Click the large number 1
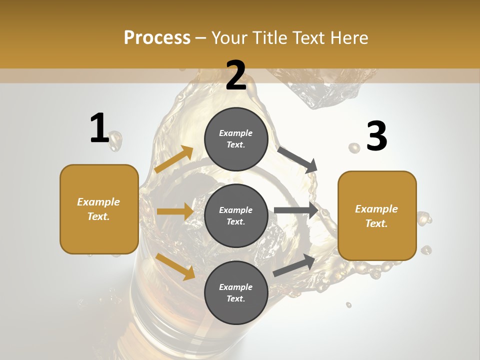pos(99,128)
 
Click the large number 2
pos(235,75)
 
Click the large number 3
pos(376,136)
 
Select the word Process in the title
pos(157,37)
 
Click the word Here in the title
pos(348,37)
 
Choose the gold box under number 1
pos(99,209)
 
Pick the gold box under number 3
pos(377,215)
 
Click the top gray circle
pos(236,139)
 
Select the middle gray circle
pos(236,215)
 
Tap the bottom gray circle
pos(236,292)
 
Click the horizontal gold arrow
pos(175,211)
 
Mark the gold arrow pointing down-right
pos(175,266)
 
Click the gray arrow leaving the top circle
pos(298,159)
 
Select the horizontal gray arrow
pos(296,210)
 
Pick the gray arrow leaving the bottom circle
pos(294,265)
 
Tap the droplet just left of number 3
pos(354,147)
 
